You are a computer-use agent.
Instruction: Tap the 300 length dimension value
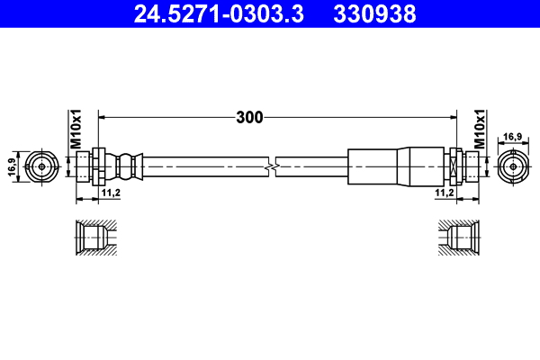coord(249,117)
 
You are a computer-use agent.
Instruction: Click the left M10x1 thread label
coord(76,130)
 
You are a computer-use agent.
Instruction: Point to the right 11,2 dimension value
coord(444,193)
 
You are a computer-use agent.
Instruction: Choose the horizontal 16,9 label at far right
coord(511,137)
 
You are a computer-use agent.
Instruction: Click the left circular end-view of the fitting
coord(40,165)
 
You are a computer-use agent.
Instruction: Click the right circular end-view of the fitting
coord(511,165)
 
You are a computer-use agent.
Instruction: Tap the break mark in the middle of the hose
coord(273,165)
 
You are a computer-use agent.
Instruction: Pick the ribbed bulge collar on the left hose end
coord(126,165)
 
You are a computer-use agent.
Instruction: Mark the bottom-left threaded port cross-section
coord(93,238)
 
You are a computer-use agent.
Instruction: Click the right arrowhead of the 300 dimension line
coord(445,117)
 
